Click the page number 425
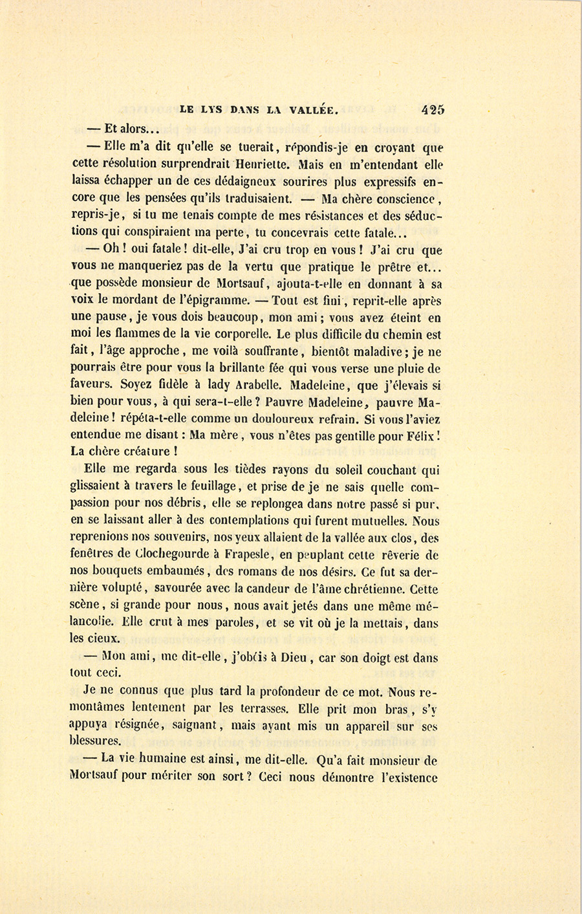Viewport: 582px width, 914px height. tap(433, 110)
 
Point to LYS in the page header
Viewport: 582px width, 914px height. tap(210, 111)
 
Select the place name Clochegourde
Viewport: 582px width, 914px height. tap(173, 554)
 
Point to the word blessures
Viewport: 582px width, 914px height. tap(94, 741)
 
